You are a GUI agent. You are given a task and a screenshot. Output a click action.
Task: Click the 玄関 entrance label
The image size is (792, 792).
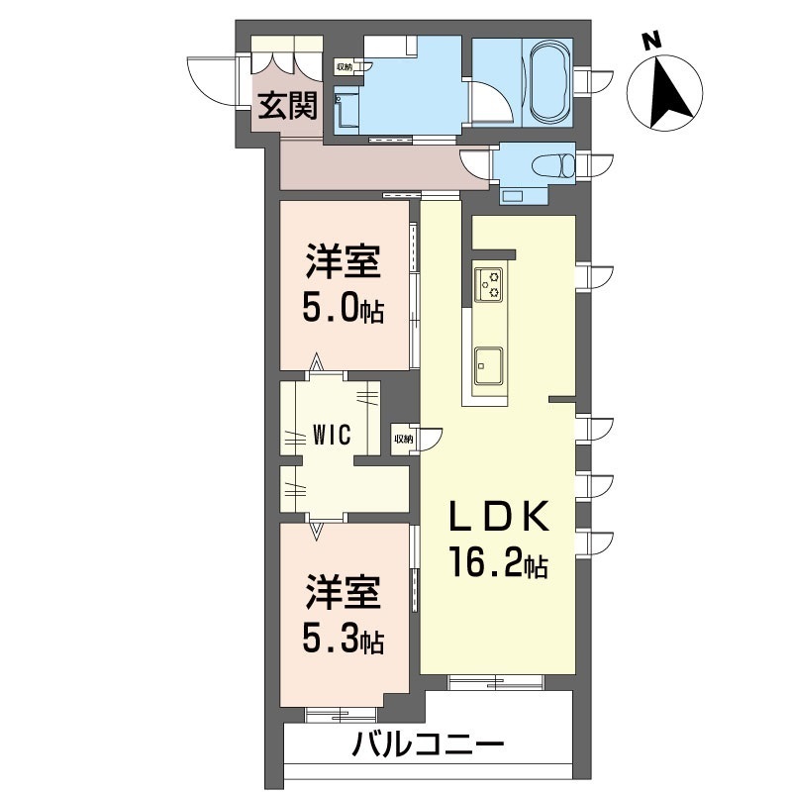288,106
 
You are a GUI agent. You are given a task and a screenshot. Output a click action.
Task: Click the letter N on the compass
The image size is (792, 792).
650,42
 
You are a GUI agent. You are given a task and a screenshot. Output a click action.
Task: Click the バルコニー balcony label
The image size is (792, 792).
429,744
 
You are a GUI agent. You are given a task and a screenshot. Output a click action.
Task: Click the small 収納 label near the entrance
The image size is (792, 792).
344,67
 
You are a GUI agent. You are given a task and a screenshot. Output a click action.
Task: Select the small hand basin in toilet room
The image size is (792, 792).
514,195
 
